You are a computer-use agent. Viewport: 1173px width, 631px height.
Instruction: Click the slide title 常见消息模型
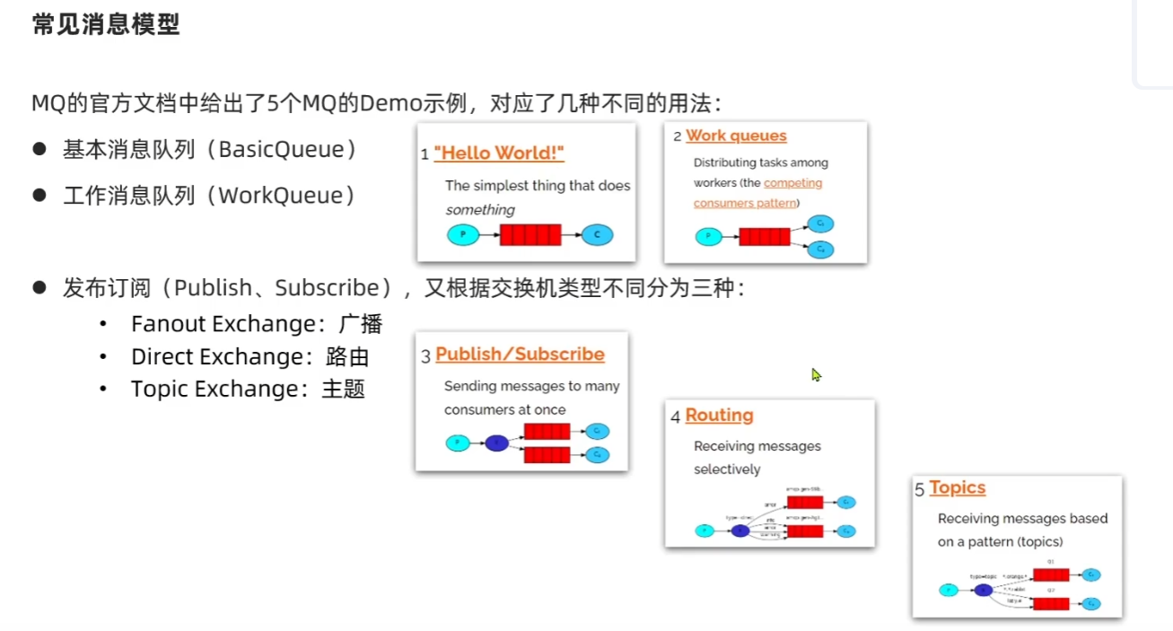106,24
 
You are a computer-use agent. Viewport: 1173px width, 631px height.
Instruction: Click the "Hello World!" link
499,153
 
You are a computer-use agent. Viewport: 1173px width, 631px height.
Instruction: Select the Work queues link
736,136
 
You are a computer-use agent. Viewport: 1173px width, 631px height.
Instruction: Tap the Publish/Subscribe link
520,355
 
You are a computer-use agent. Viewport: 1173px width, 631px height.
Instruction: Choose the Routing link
719,416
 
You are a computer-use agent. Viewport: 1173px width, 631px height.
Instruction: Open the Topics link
957,487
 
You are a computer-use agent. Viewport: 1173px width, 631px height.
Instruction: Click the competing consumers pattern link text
757,193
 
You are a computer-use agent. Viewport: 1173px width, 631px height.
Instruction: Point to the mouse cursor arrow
816,374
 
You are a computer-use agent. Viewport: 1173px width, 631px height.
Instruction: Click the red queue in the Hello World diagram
530,235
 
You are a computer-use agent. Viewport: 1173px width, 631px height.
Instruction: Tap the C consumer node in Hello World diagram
597,235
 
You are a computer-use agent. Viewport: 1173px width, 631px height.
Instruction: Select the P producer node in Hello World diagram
463,235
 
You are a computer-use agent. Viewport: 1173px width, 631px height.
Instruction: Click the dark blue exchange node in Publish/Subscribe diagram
496,443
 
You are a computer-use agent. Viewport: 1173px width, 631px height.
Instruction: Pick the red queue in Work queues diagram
764,237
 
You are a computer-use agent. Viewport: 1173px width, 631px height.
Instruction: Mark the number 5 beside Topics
920,490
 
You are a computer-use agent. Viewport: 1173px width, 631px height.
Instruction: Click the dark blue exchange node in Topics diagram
984,590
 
